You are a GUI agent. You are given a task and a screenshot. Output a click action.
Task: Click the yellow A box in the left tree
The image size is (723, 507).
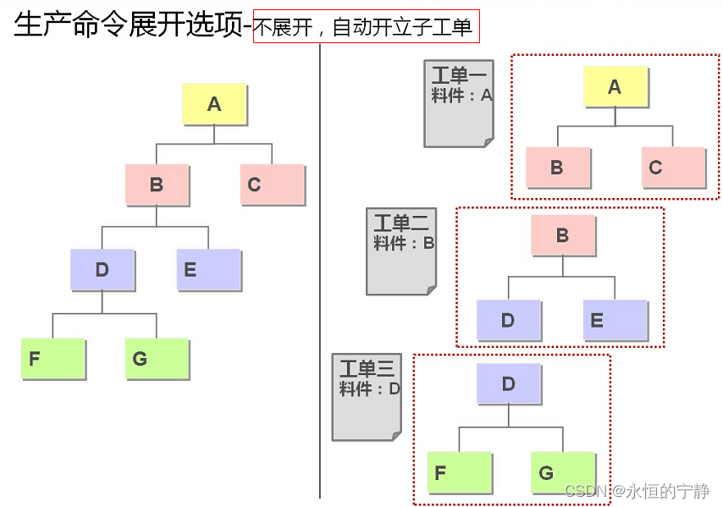pyautogui.click(x=215, y=104)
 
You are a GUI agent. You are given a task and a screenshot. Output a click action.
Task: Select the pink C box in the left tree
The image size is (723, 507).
pyautogui.click(x=272, y=185)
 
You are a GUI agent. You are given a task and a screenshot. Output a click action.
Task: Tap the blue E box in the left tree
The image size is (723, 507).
pyautogui.click(x=208, y=270)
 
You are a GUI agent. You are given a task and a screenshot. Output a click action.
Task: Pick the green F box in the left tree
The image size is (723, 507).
pyautogui.click(x=52, y=358)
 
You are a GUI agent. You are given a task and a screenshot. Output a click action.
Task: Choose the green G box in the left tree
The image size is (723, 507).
pyautogui.click(x=157, y=358)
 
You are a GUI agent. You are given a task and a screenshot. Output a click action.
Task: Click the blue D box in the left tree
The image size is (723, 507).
pyautogui.click(x=102, y=270)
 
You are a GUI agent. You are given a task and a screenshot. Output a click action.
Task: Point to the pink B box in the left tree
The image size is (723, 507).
pyautogui.click(x=157, y=185)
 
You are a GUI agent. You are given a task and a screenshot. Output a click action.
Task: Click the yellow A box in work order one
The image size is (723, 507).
pyautogui.click(x=615, y=86)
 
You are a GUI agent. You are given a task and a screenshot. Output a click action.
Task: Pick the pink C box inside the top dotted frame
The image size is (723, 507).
pyautogui.click(x=673, y=168)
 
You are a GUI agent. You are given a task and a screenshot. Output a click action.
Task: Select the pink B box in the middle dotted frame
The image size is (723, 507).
pyautogui.click(x=563, y=235)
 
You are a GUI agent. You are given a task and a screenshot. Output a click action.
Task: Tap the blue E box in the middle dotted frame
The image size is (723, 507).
pyautogui.click(x=615, y=320)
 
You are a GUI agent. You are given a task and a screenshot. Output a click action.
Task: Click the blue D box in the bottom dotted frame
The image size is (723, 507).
pyautogui.click(x=509, y=383)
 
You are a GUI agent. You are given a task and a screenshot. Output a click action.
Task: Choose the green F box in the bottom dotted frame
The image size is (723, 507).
pyautogui.click(x=460, y=472)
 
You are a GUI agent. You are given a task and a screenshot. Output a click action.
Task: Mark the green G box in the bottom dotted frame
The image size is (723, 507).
pyautogui.click(x=563, y=472)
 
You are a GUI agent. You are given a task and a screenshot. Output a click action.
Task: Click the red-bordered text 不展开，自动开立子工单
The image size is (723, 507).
pyautogui.click(x=366, y=27)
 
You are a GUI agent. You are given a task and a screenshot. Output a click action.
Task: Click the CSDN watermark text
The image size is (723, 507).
pyautogui.click(x=637, y=491)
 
